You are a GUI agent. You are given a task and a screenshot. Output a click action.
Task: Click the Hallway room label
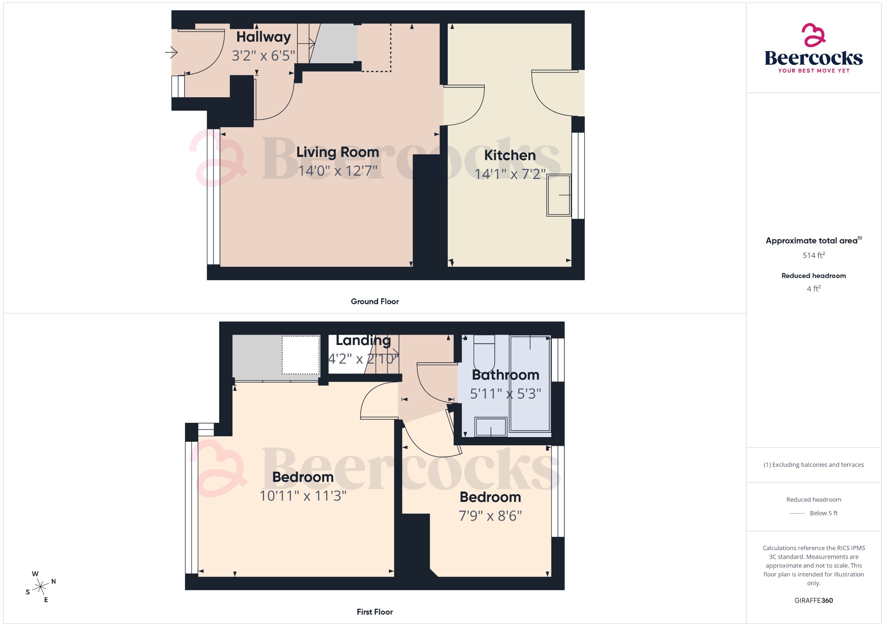point(263,37)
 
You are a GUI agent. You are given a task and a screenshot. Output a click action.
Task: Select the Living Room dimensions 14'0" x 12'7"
point(337,171)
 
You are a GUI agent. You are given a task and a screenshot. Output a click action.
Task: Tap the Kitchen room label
point(509,155)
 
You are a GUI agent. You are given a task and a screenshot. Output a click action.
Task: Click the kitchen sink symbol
point(559,195)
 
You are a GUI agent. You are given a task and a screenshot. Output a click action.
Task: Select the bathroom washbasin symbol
point(490,427)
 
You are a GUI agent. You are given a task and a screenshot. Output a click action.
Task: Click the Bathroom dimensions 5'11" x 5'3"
point(505,394)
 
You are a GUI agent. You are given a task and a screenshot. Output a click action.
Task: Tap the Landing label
point(363,341)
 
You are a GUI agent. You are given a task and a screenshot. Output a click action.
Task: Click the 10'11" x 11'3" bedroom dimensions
point(303,496)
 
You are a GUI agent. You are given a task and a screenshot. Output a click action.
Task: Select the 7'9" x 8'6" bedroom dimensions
point(490,516)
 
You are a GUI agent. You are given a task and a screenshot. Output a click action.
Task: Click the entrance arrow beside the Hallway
point(171,53)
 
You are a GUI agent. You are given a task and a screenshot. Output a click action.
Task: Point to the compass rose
point(41,587)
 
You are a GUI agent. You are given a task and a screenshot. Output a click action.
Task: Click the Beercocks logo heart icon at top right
point(813,35)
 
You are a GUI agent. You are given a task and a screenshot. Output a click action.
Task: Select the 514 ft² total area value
point(813,256)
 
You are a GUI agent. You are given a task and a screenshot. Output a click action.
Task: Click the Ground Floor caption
point(375,302)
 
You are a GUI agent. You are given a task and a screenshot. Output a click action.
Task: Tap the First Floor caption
point(375,612)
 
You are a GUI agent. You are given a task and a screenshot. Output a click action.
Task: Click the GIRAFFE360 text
point(813,600)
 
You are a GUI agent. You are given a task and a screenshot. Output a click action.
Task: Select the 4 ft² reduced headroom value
point(813,289)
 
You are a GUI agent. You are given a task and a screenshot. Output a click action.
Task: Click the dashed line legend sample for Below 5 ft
point(797,514)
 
